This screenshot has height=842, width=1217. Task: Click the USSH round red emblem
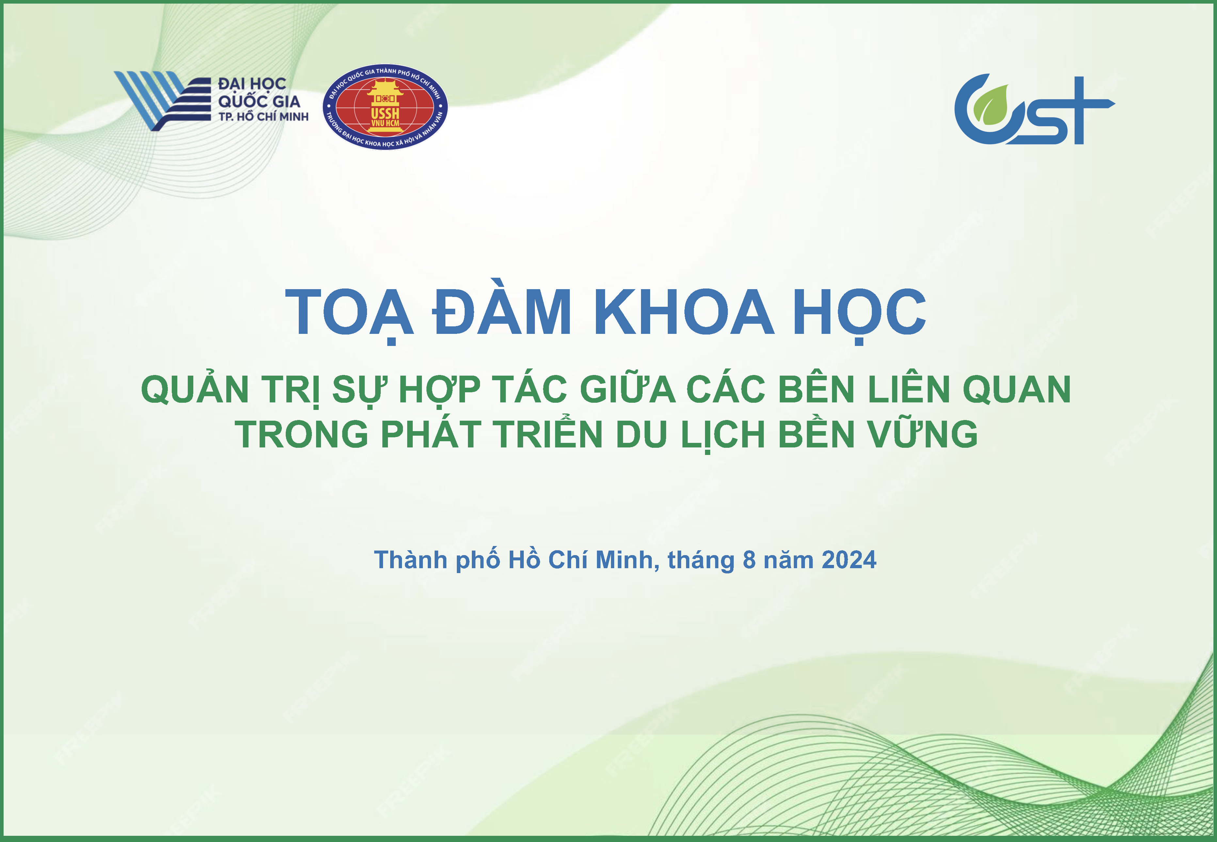click(385, 108)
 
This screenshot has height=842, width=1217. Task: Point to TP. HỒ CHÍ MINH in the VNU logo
click(263, 116)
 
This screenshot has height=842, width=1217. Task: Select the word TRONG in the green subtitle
click(301, 434)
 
